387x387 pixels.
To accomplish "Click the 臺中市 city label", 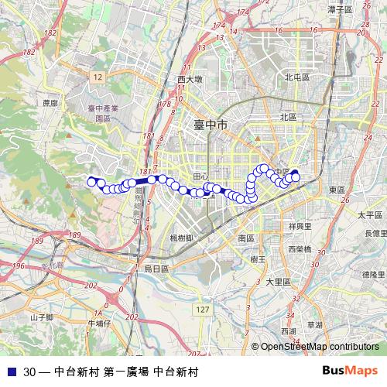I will [x=211, y=124].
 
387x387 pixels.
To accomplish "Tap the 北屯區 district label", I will [x=296, y=77].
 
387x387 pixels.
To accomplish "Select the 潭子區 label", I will [x=340, y=10].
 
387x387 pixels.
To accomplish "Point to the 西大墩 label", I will [x=190, y=79].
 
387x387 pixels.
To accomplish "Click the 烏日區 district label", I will [x=161, y=268].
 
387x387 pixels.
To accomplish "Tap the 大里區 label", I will [x=277, y=283].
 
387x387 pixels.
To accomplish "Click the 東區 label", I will [x=337, y=190].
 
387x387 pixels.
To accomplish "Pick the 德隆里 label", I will [x=373, y=274].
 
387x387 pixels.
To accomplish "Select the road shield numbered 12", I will [x=97, y=77].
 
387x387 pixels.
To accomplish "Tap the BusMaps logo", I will [x=352, y=372].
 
